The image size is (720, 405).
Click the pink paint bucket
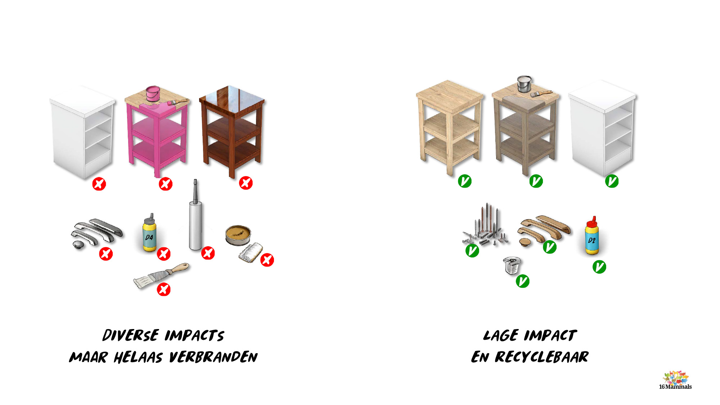(x=153, y=94)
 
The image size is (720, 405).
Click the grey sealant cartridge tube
(x=195, y=220)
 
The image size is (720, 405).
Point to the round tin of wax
(x=238, y=235)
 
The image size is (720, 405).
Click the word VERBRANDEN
(x=213, y=357)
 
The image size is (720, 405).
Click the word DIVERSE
(x=131, y=335)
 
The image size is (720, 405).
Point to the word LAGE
(x=501, y=336)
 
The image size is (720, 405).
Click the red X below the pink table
(x=166, y=184)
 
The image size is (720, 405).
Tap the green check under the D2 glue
(x=599, y=267)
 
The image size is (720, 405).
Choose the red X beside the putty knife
(x=164, y=289)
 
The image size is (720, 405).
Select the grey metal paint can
(x=524, y=84)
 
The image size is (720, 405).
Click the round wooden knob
(x=525, y=242)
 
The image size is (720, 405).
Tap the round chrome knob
(x=78, y=245)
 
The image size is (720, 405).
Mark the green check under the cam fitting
(x=522, y=281)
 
